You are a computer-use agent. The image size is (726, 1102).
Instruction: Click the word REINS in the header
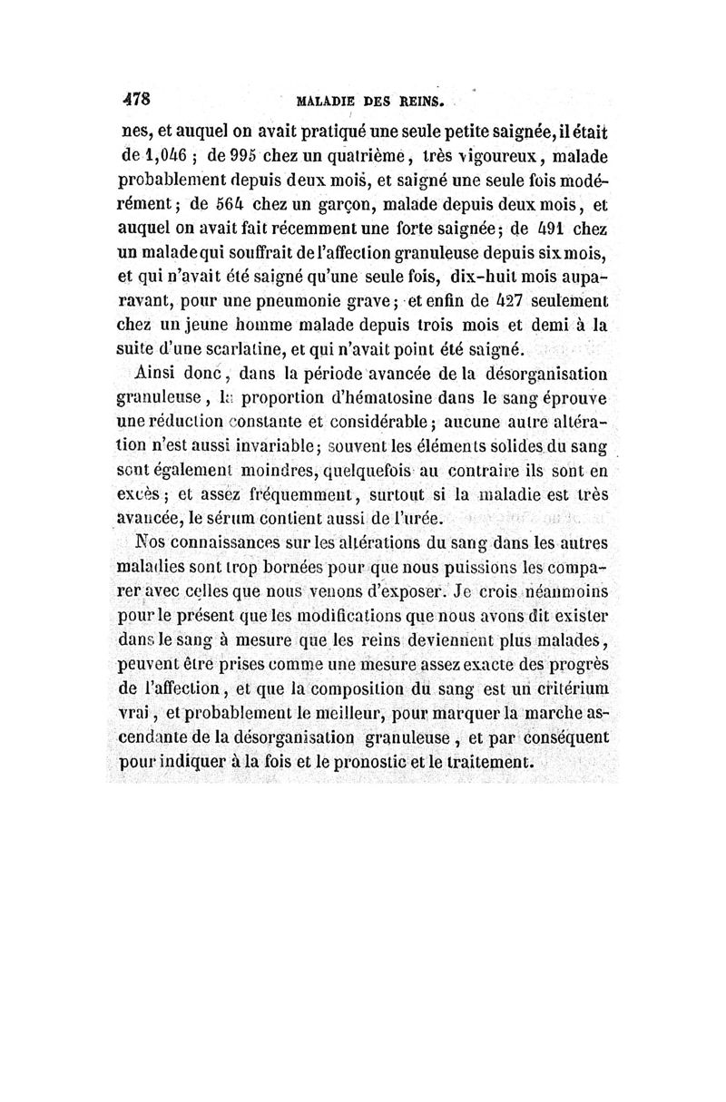point(417,100)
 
